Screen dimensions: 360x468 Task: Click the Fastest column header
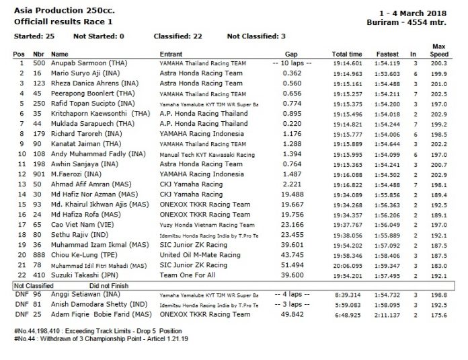click(384, 53)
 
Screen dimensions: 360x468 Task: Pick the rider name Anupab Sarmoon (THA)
click(83, 63)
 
